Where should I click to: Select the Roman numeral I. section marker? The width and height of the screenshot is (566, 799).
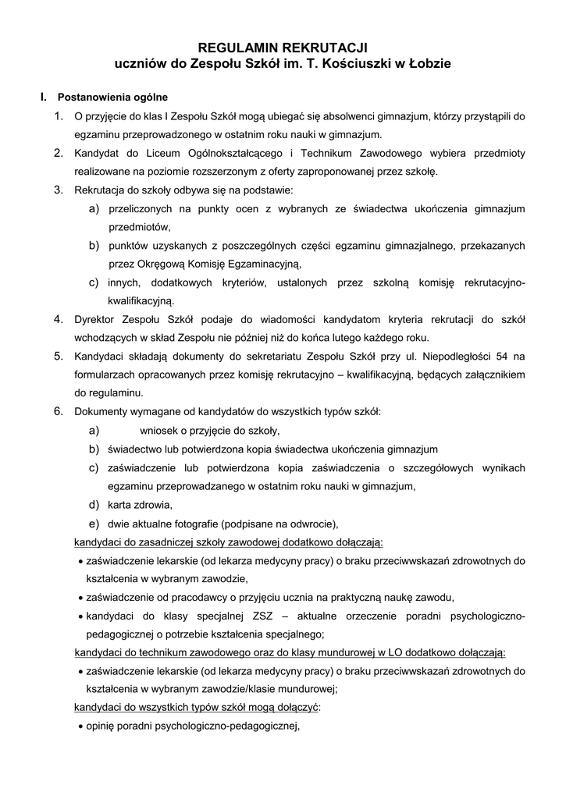click(x=44, y=98)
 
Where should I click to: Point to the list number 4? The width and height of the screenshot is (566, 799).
click(x=59, y=318)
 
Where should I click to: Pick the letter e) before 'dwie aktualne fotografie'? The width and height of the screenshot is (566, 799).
click(x=94, y=523)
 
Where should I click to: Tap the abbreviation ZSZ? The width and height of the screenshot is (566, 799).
click(x=253, y=616)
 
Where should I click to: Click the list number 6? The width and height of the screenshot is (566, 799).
click(x=59, y=411)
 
